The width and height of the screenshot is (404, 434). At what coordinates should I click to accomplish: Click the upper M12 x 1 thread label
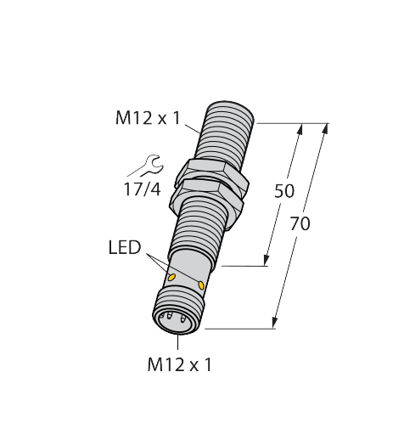[148, 118]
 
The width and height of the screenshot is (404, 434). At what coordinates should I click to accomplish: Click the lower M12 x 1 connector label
[179, 364]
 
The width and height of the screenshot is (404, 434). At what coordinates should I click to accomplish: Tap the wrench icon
[153, 164]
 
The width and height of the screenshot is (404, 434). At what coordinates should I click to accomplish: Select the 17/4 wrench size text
[143, 189]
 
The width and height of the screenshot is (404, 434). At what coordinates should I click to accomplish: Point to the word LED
[125, 247]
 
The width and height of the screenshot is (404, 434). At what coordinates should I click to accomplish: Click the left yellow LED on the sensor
[171, 278]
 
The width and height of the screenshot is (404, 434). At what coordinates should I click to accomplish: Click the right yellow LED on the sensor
[201, 285]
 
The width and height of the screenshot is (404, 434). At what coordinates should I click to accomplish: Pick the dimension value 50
[284, 190]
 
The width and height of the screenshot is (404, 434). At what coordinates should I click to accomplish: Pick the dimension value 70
[300, 223]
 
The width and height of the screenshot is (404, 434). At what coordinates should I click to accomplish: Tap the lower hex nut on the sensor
[205, 198]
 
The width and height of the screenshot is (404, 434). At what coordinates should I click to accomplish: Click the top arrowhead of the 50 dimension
[300, 129]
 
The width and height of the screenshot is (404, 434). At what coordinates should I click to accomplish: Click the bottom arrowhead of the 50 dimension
[266, 260]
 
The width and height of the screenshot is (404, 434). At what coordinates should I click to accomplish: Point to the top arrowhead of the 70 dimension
[326, 129]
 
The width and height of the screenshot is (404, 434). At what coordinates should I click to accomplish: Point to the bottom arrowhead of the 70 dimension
[274, 323]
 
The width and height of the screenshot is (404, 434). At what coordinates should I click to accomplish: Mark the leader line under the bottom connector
[177, 342]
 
